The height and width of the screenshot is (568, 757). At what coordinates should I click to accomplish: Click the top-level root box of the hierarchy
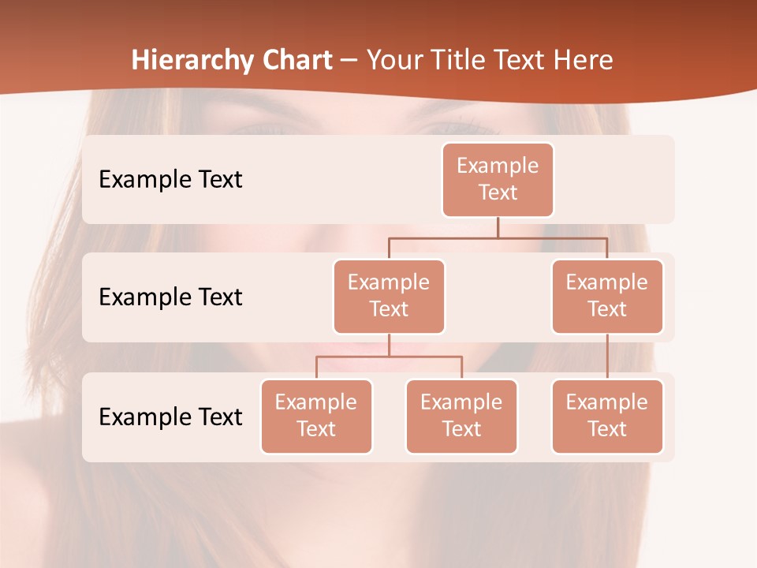click(498, 179)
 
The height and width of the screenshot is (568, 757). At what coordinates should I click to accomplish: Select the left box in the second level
click(389, 296)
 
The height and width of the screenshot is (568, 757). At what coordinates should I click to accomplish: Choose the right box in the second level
click(607, 296)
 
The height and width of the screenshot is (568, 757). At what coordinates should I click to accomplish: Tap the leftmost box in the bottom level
click(316, 416)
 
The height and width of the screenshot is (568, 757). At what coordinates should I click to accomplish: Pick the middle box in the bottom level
click(461, 416)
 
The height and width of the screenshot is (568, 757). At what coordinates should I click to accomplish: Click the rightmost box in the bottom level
click(607, 416)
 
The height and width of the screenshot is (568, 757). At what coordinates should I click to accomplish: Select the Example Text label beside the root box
click(170, 179)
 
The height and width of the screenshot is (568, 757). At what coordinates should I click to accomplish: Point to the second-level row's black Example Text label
click(170, 297)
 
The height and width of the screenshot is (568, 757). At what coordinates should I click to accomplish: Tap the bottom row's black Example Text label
click(170, 417)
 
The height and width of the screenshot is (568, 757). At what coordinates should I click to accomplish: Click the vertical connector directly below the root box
click(498, 227)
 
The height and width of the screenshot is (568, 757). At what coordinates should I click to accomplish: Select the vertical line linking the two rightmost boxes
click(607, 357)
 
